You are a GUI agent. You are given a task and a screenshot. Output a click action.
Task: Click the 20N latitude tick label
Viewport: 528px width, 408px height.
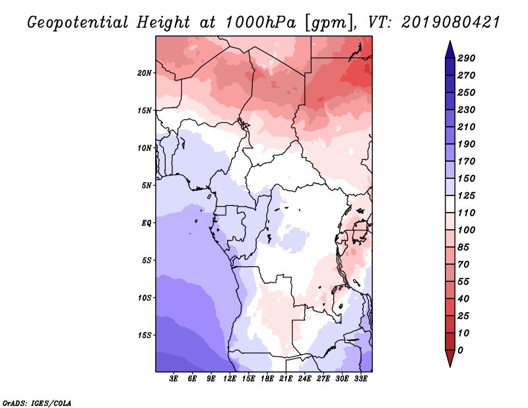[145, 73]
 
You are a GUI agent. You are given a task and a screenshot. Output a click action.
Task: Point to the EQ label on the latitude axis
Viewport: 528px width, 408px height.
[147, 223]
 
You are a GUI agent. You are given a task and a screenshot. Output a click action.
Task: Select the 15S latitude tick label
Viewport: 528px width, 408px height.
[145, 335]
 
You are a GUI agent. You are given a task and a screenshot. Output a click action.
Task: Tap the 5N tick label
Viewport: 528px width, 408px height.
[147, 186]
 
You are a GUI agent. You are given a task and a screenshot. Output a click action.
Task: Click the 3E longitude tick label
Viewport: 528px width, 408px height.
[174, 379]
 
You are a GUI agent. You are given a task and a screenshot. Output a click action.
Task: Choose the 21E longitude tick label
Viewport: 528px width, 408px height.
[286, 379]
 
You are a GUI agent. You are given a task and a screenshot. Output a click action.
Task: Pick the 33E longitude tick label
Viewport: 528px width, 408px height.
[360, 379]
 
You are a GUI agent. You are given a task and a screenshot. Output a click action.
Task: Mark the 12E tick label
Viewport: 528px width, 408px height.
[230, 379]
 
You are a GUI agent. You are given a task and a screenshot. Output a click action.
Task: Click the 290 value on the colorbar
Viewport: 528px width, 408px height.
[467, 58]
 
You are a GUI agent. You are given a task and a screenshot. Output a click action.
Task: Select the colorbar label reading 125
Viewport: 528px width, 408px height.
[467, 195]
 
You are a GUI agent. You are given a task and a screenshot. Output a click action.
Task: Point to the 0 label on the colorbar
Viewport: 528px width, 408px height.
[461, 351]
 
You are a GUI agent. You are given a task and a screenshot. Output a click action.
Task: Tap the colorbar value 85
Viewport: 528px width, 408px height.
[464, 248]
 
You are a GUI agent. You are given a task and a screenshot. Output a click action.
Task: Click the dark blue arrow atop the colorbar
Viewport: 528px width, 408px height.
[450, 50]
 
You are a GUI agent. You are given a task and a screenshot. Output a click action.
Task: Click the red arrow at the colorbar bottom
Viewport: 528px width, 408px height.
[450, 358]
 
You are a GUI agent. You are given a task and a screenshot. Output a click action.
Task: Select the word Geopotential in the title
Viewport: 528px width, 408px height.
[78, 23]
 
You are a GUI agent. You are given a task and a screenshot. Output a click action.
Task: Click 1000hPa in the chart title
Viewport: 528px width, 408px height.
[260, 22]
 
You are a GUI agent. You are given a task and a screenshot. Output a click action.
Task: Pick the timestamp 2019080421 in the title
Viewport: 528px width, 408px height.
[451, 22]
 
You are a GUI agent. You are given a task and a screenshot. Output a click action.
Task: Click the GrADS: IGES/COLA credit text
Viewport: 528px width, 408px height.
[37, 403]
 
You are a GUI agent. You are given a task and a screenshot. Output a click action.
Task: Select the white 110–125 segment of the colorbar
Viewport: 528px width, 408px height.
[450, 204]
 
